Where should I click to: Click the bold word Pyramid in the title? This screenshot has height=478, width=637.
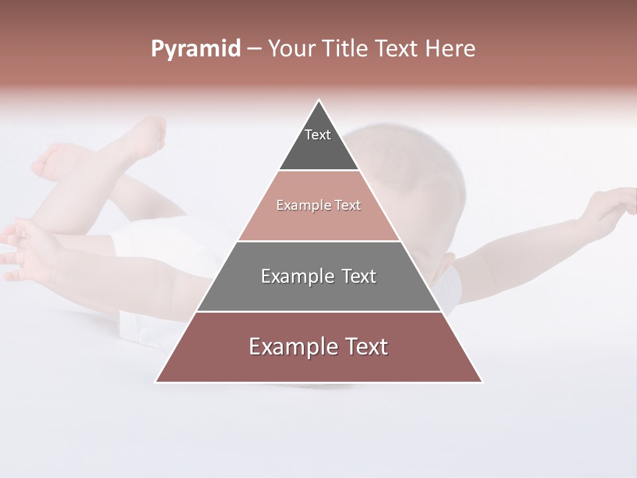point(195,49)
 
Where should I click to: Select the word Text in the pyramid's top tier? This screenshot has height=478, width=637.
point(318,135)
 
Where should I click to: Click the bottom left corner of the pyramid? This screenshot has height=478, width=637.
point(156,382)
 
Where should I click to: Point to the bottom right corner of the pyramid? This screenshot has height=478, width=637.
point(482,382)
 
